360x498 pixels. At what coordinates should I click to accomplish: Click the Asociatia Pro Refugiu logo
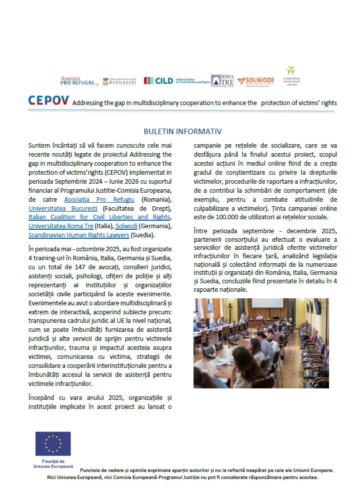tap(77, 81)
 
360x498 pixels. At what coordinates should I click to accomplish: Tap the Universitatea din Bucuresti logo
tap(119, 81)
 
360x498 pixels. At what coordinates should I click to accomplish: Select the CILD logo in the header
tap(176, 81)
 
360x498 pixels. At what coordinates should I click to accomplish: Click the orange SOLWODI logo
tap(255, 81)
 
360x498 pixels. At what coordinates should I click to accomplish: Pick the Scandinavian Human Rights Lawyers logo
tap(291, 76)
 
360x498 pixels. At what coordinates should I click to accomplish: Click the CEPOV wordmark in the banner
tap(48, 101)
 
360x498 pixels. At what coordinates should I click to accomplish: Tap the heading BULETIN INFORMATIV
tap(182, 132)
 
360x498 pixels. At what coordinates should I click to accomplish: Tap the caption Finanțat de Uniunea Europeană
tap(52, 463)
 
